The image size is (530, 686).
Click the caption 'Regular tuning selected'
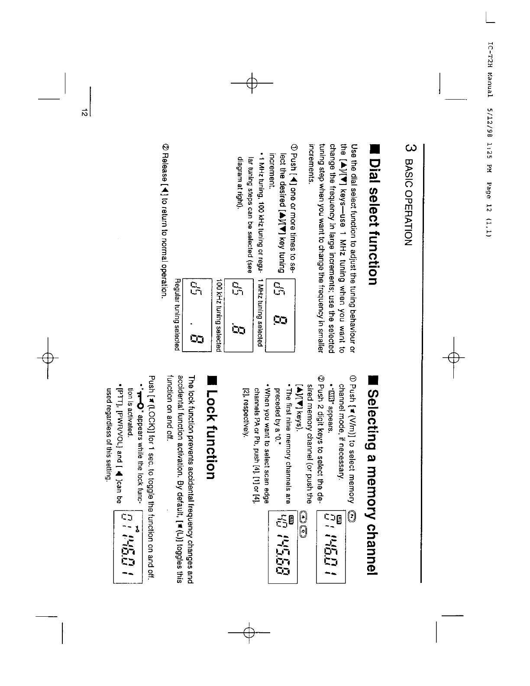(x=176, y=314)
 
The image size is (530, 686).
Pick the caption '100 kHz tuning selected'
(x=219, y=314)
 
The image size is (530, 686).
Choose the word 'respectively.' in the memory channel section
(x=246, y=413)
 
